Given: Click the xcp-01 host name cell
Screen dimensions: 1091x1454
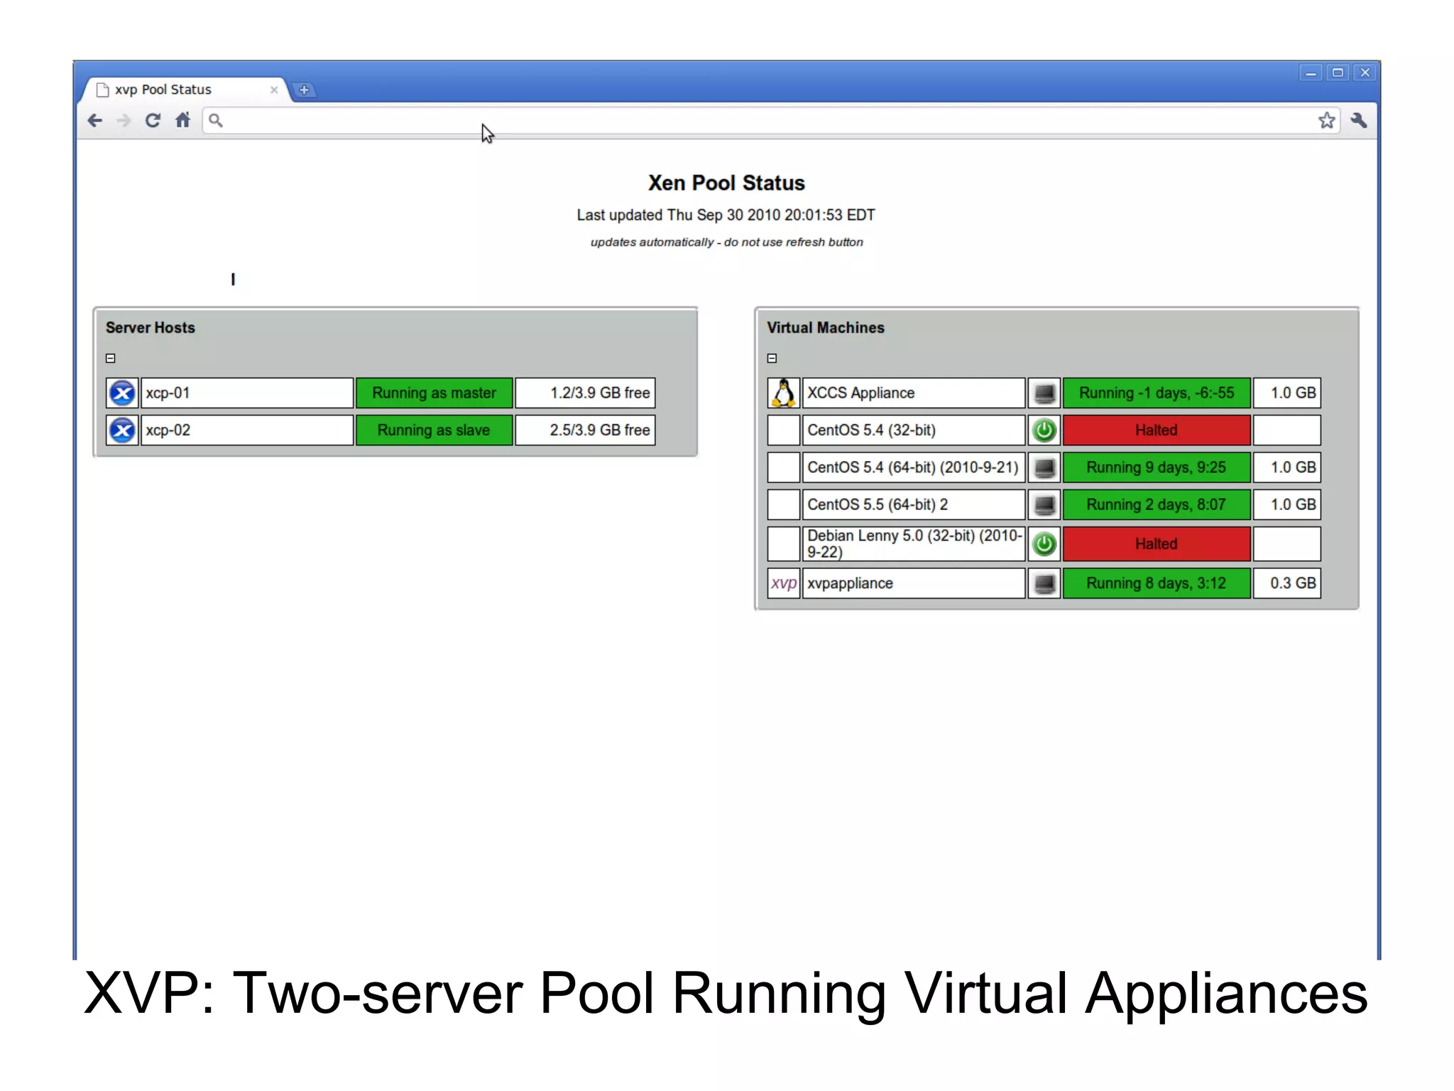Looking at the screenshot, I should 246,393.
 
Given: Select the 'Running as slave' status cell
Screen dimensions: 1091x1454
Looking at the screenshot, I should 434,430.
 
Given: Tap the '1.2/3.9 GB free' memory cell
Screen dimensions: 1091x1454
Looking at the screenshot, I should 585,393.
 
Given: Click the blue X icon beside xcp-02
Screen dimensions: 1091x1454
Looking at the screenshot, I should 122,430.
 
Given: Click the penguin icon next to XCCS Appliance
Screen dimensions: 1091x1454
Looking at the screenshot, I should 784,393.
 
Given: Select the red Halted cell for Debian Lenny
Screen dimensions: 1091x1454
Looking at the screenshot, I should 1156,544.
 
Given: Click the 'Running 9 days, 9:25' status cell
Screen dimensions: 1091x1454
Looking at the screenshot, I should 1156,467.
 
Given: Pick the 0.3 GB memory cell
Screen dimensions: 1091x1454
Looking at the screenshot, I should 1287,583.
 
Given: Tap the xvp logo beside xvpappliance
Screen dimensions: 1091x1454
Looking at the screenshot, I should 784,583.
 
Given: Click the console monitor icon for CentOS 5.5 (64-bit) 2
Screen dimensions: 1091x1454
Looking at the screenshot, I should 1044,505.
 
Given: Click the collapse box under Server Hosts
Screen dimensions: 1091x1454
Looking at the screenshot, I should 111,359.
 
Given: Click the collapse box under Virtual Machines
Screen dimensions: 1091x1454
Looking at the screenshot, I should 772,359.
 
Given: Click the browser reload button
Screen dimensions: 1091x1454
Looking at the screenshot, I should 153,121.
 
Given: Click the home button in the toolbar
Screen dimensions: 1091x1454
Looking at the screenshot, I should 183,121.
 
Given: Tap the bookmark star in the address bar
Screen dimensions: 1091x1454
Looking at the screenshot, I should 1326,121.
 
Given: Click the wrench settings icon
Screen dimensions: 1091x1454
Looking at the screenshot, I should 1359,121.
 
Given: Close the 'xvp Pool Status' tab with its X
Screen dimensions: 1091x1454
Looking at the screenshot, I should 274,90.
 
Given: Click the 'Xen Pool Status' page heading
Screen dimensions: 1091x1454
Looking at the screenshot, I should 726,183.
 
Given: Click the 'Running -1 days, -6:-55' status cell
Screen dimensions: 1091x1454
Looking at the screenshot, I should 1156,393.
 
